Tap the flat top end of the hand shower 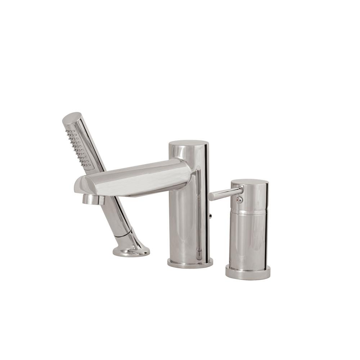point(72,118)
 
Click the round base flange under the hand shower point(131,251)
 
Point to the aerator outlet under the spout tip point(93,199)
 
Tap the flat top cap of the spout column point(188,143)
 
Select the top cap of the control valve point(249,182)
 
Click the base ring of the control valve point(248,273)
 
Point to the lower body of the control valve point(248,241)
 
